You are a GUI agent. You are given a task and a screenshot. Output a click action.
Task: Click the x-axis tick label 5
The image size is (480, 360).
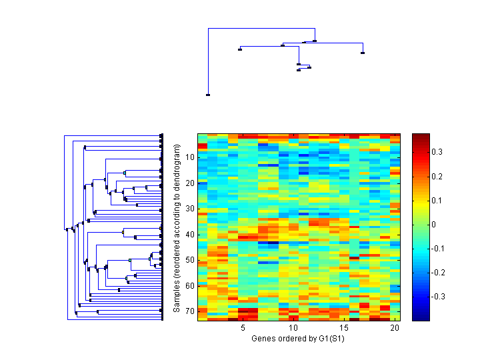point(243,328)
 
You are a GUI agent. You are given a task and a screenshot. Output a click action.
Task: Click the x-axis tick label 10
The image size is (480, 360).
point(293,328)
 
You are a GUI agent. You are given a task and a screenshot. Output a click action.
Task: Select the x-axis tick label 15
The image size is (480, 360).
point(344,328)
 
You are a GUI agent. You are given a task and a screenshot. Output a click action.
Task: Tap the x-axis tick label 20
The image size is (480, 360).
point(395,328)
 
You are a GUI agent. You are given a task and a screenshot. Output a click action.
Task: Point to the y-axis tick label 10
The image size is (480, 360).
point(190,157)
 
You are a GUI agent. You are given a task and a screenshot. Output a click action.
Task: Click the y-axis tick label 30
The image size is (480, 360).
point(190,209)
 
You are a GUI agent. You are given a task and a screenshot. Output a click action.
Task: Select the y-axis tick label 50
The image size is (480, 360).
point(190,260)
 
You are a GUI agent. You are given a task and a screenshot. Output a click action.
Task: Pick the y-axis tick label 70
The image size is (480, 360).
point(190,311)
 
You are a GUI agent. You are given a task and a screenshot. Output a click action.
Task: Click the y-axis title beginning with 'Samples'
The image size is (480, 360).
point(177,227)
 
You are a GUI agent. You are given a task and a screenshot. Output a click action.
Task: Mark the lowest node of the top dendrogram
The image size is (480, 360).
point(208,95)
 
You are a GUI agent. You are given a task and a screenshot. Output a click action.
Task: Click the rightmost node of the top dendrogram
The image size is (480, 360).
point(363,53)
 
